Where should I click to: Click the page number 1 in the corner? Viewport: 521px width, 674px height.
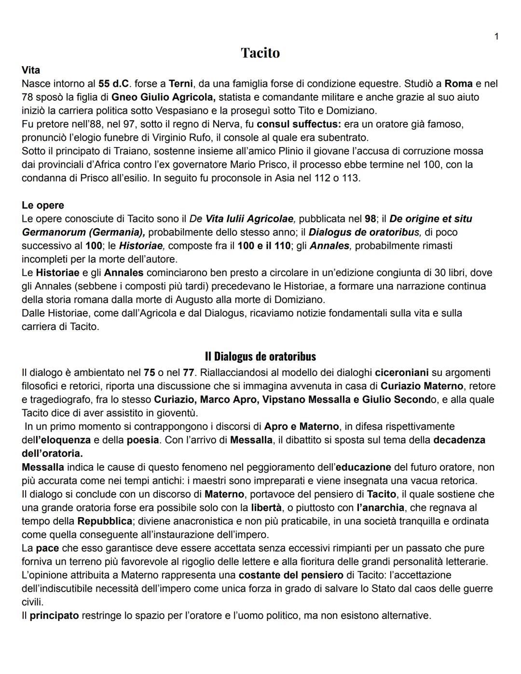496,37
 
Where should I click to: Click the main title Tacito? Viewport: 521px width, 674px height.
260,53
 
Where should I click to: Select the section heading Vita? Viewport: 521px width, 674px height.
31,70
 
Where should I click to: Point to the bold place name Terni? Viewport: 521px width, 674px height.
181,83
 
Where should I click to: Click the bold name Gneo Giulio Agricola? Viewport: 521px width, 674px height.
163,97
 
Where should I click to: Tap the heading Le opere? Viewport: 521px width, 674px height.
43,205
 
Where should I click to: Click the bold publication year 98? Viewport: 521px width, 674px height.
370,219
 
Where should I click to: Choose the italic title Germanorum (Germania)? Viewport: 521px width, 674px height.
83,232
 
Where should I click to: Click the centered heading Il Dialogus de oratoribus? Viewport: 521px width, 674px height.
260,357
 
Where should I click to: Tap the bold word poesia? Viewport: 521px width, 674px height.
143,440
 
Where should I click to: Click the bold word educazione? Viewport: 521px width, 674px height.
363,467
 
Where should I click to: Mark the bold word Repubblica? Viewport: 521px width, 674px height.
105,521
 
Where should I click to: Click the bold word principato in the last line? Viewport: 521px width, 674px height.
54,616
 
